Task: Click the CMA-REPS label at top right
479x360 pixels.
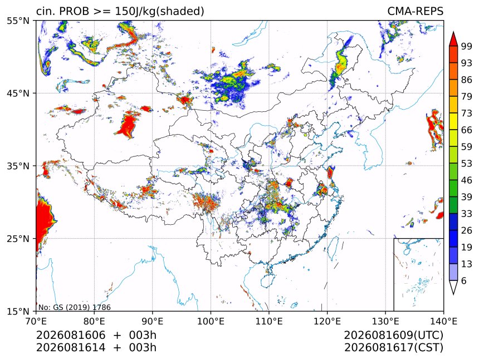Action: (415, 11)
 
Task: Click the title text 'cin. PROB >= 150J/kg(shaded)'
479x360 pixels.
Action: (120, 11)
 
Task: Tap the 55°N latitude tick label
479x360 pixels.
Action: (18, 21)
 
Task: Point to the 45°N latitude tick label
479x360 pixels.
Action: (18, 93)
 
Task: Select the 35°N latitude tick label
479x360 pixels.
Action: (18, 166)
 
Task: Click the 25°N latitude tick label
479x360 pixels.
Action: (18, 239)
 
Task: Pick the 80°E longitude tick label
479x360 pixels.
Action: (94, 321)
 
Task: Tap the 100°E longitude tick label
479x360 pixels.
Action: (211, 321)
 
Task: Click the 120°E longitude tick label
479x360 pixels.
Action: (327, 321)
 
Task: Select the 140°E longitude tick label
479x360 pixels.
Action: (443, 321)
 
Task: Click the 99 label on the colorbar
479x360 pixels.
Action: (467, 46)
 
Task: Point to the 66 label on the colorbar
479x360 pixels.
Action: (467, 130)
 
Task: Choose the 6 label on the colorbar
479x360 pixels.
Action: (464, 280)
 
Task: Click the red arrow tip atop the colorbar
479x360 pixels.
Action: (453, 32)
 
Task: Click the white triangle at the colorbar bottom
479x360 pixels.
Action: (453, 288)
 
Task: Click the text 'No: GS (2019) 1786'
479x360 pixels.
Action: (74, 307)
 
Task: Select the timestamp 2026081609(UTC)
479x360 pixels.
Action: (393, 335)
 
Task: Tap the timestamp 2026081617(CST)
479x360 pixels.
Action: (393, 348)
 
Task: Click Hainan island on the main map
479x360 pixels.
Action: (267, 280)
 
